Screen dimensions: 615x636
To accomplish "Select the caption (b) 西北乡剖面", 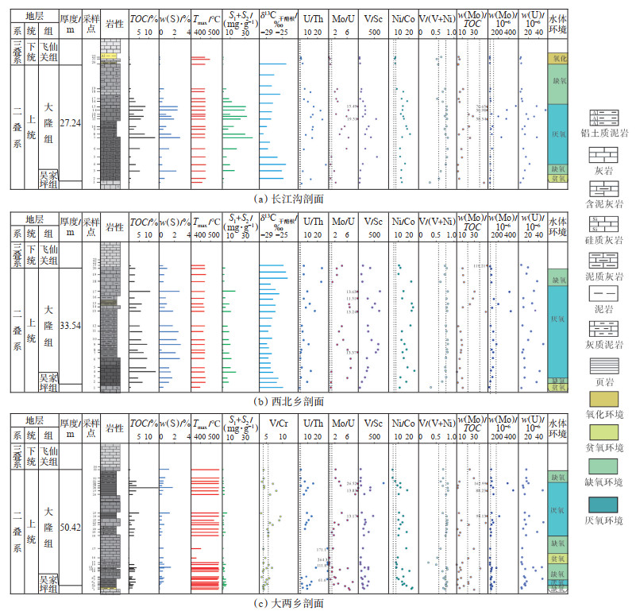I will point(291,401).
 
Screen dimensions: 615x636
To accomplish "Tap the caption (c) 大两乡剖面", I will point(291,604).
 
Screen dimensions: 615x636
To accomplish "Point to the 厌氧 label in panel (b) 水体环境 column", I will point(558,320).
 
